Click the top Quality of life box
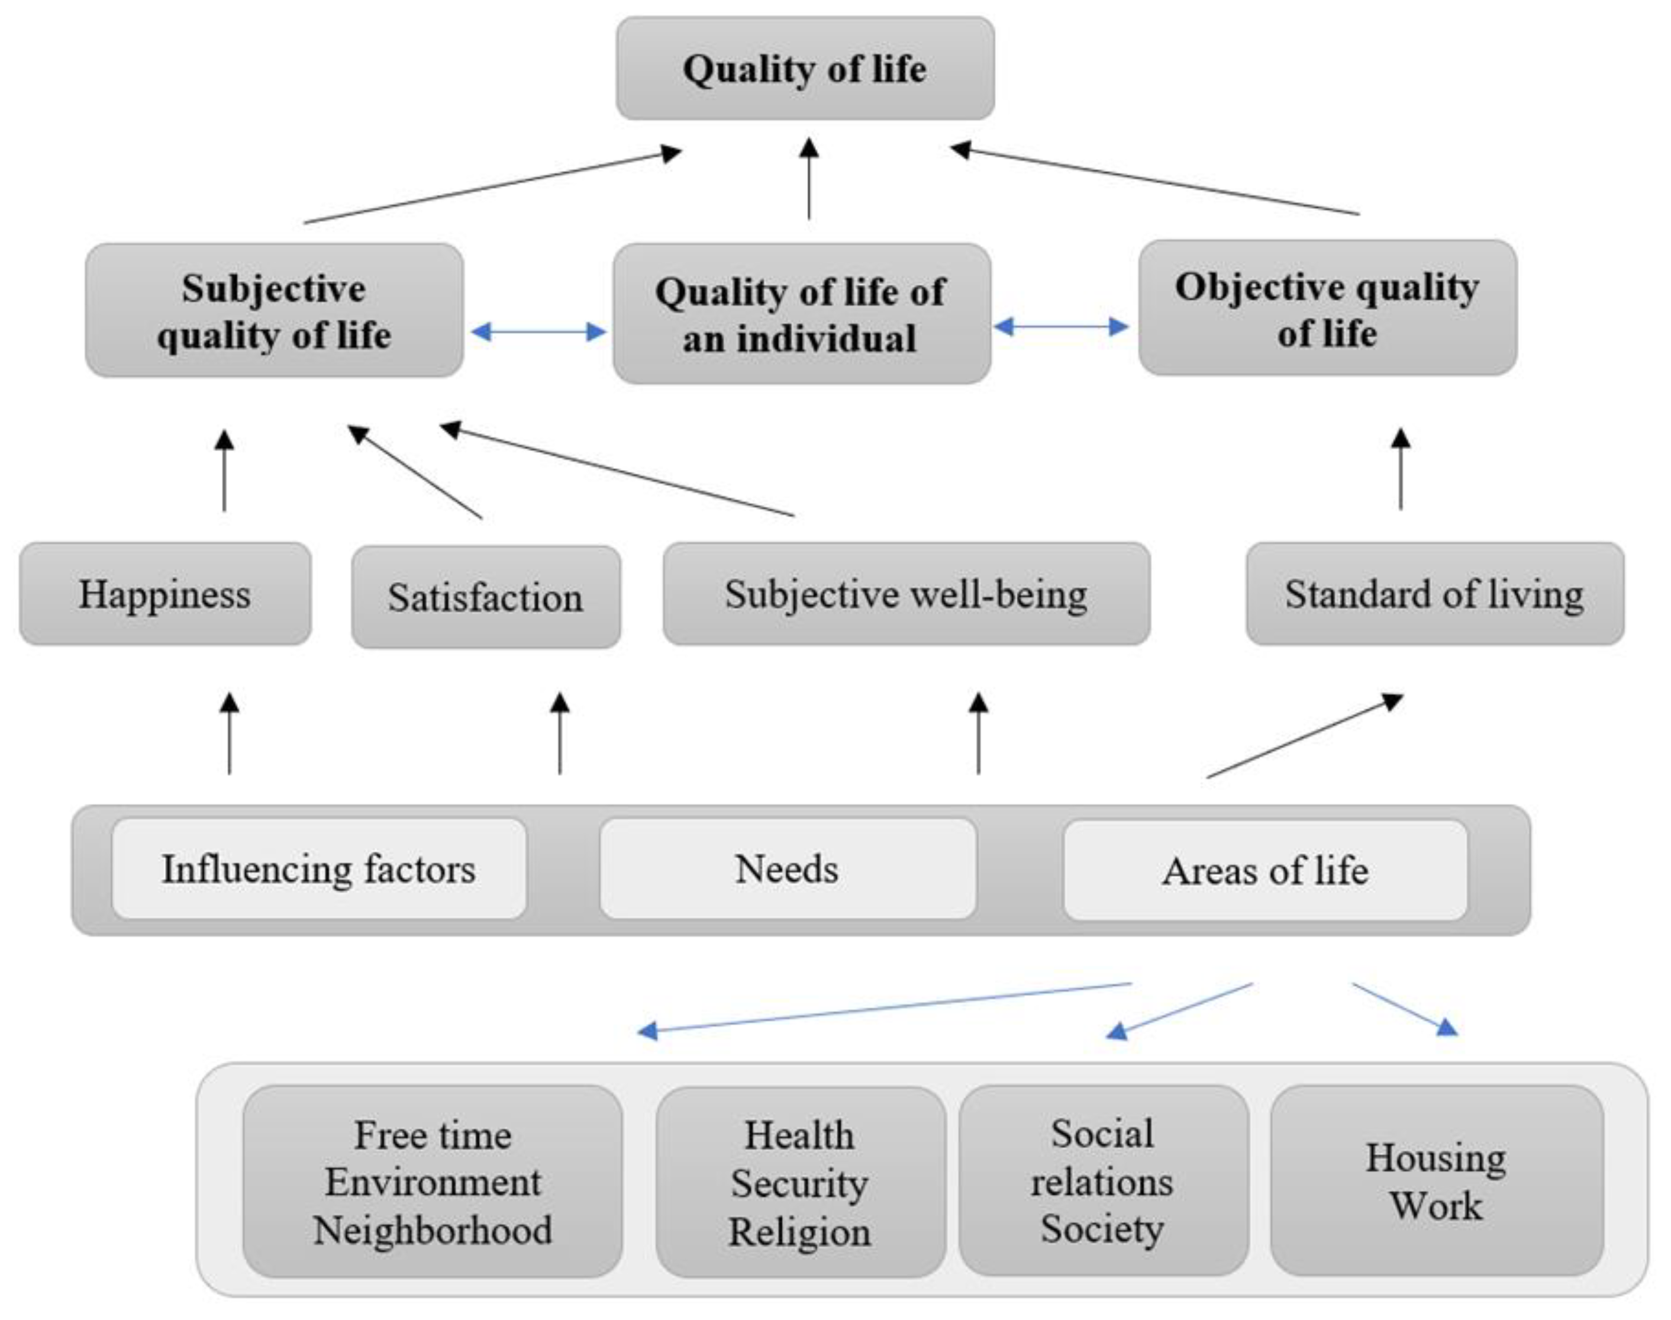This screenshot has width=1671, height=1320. coord(805,69)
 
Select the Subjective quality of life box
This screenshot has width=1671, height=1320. coord(274,311)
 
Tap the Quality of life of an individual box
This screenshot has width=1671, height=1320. coord(801,314)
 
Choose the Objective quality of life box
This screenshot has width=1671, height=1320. coord(1327,309)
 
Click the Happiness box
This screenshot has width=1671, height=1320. coord(164,594)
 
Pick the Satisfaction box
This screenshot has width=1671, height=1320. coord(485,597)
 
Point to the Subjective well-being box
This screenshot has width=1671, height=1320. coord(905,594)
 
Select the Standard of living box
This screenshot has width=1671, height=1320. coord(1434,594)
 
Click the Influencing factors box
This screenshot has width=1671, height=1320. coord(318,869)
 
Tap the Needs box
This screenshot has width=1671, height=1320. coord(787,869)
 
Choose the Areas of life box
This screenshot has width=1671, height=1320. coord(1264,870)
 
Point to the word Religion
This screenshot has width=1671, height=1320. coord(799,1232)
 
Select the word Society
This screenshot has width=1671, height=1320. coord(1102,1229)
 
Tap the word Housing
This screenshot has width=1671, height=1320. coord(1435,1158)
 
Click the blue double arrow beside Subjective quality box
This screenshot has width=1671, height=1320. coord(538,332)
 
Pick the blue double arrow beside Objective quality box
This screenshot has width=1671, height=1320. coord(1061,327)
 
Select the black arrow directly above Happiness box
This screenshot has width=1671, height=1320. coord(224,471)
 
